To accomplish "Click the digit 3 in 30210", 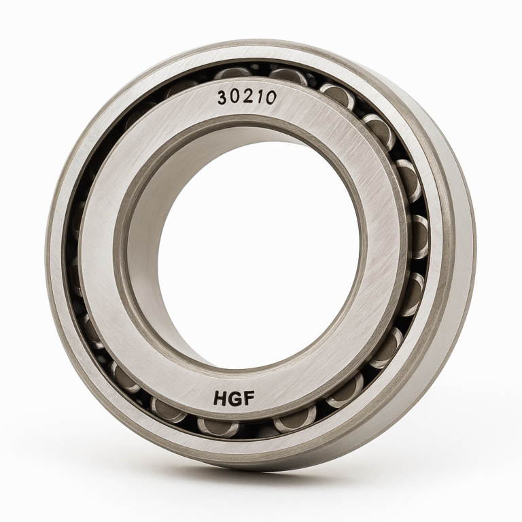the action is click(223, 98).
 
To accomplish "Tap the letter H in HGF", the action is click(220, 398).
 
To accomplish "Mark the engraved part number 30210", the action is click(247, 98).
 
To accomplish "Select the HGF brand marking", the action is click(233, 399).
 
